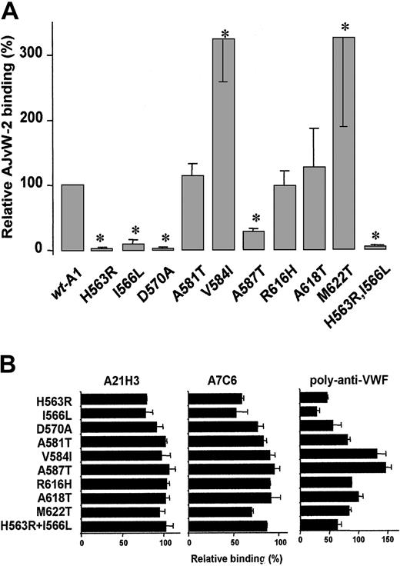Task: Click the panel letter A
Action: click(x=12, y=11)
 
